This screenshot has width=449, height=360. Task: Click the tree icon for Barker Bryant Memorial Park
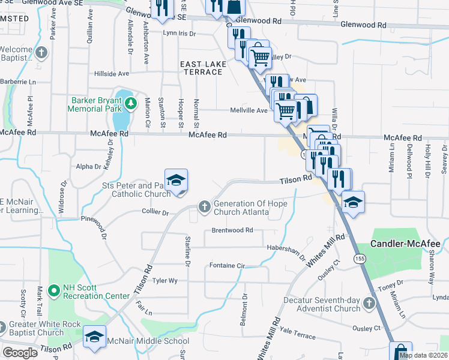[x=130, y=105]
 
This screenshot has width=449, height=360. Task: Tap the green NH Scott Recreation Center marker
[x=54, y=290]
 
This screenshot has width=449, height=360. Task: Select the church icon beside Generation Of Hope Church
[x=205, y=207]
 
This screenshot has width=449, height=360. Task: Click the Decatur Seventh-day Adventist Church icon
[x=369, y=304]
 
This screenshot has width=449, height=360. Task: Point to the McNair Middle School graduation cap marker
[x=95, y=338]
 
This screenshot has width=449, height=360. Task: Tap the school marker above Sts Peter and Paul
[x=176, y=181]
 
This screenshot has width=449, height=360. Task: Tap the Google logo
[x=20, y=353]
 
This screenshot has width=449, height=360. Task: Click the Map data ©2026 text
[x=423, y=355]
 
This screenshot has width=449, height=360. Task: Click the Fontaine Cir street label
[x=228, y=265]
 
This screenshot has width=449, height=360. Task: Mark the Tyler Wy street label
[x=165, y=280]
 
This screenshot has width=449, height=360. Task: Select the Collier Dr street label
[x=155, y=212]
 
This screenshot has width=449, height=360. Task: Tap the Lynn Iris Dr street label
[x=179, y=34]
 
